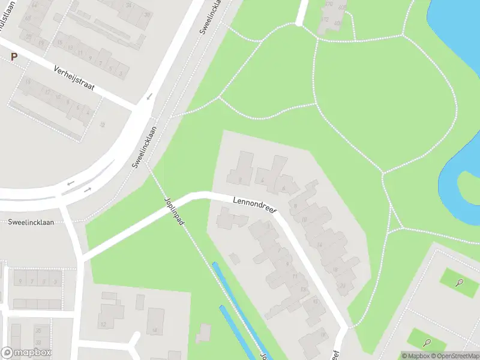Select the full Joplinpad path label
tap(173, 214)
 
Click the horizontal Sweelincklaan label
tap(31, 222)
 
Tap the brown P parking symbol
tap(14, 57)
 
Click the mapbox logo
tap(26, 352)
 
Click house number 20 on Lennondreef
tap(342, 285)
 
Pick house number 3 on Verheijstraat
tap(122, 74)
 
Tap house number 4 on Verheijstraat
tap(88, 113)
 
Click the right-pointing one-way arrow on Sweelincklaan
tap(88, 190)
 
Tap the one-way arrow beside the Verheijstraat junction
tap(149, 96)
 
